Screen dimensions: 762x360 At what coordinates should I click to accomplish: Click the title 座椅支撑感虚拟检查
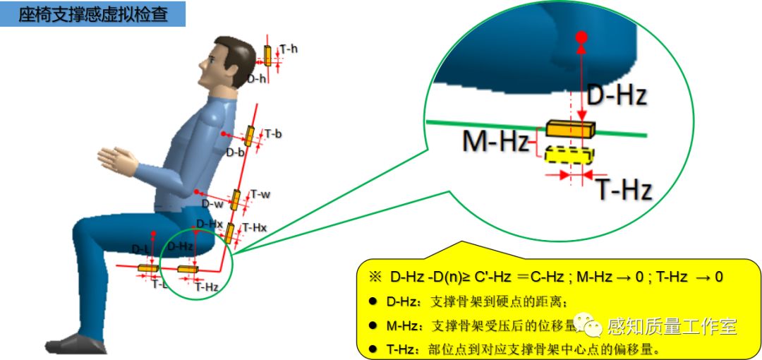tap(93, 14)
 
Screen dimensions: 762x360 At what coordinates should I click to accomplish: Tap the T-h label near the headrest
tap(289, 49)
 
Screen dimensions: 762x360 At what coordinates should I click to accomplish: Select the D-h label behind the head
tap(256, 79)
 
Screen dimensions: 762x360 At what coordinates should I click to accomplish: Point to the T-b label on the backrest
tap(273, 133)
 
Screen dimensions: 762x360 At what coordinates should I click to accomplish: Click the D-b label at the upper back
tap(236, 152)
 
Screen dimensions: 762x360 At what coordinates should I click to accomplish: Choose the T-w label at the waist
tap(260, 194)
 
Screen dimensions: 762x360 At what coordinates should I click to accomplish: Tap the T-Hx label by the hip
tap(254, 227)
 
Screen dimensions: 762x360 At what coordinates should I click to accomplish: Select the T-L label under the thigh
tap(160, 284)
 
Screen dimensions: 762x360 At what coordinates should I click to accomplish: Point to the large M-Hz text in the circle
tap(495, 142)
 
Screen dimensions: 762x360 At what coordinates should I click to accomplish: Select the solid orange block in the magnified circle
tap(570, 130)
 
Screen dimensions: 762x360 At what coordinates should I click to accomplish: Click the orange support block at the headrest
tap(268, 55)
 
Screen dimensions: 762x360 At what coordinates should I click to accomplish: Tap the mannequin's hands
tap(116, 159)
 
